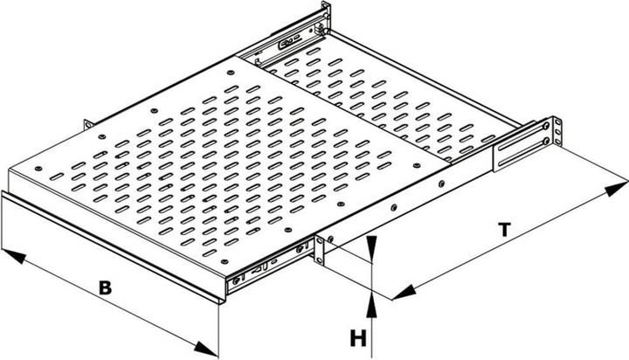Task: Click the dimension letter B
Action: point(104,287)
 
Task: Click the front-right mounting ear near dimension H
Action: point(320,248)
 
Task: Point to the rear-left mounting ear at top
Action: point(326,17)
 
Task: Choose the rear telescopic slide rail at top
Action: point(288,40)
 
